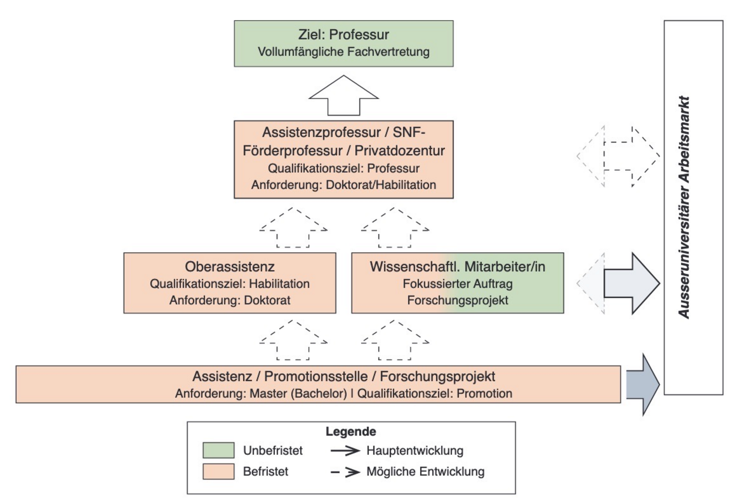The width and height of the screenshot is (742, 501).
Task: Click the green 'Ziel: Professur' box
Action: click(x=343, y=43)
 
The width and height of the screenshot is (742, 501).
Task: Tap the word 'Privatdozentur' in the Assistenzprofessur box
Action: click(x=399, y=150)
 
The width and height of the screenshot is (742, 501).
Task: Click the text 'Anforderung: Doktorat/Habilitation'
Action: click(x=343, y=185)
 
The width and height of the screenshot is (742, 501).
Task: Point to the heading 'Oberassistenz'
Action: click(x=230, y=267)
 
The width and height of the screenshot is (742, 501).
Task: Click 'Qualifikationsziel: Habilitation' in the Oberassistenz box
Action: click(x=230, y=283)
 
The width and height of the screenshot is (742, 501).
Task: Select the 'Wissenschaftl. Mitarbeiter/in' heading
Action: click(x=457, y=267)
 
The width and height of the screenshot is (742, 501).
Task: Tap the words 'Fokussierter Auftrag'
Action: click(x=457, y=283)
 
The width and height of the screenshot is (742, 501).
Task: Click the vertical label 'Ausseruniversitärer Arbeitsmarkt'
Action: click(x=684, y=207)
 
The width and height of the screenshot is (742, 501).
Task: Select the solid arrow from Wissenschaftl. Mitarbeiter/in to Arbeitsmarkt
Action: click(x=631, y=283)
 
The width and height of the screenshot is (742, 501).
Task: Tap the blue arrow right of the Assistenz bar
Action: click(x=642, y=384)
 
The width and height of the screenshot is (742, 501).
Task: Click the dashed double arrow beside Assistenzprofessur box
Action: click(x=618, y=156)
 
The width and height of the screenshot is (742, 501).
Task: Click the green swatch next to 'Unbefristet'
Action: click(x=218, y=450)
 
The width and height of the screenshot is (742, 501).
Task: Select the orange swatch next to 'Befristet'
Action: click(x=218, y=471)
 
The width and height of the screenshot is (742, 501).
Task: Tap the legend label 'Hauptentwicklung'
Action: click(x=415, y=450)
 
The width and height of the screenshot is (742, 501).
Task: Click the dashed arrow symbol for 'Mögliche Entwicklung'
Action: click(x=345, y=472)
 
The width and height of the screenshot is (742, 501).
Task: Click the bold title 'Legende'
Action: click(x=351, y=432)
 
